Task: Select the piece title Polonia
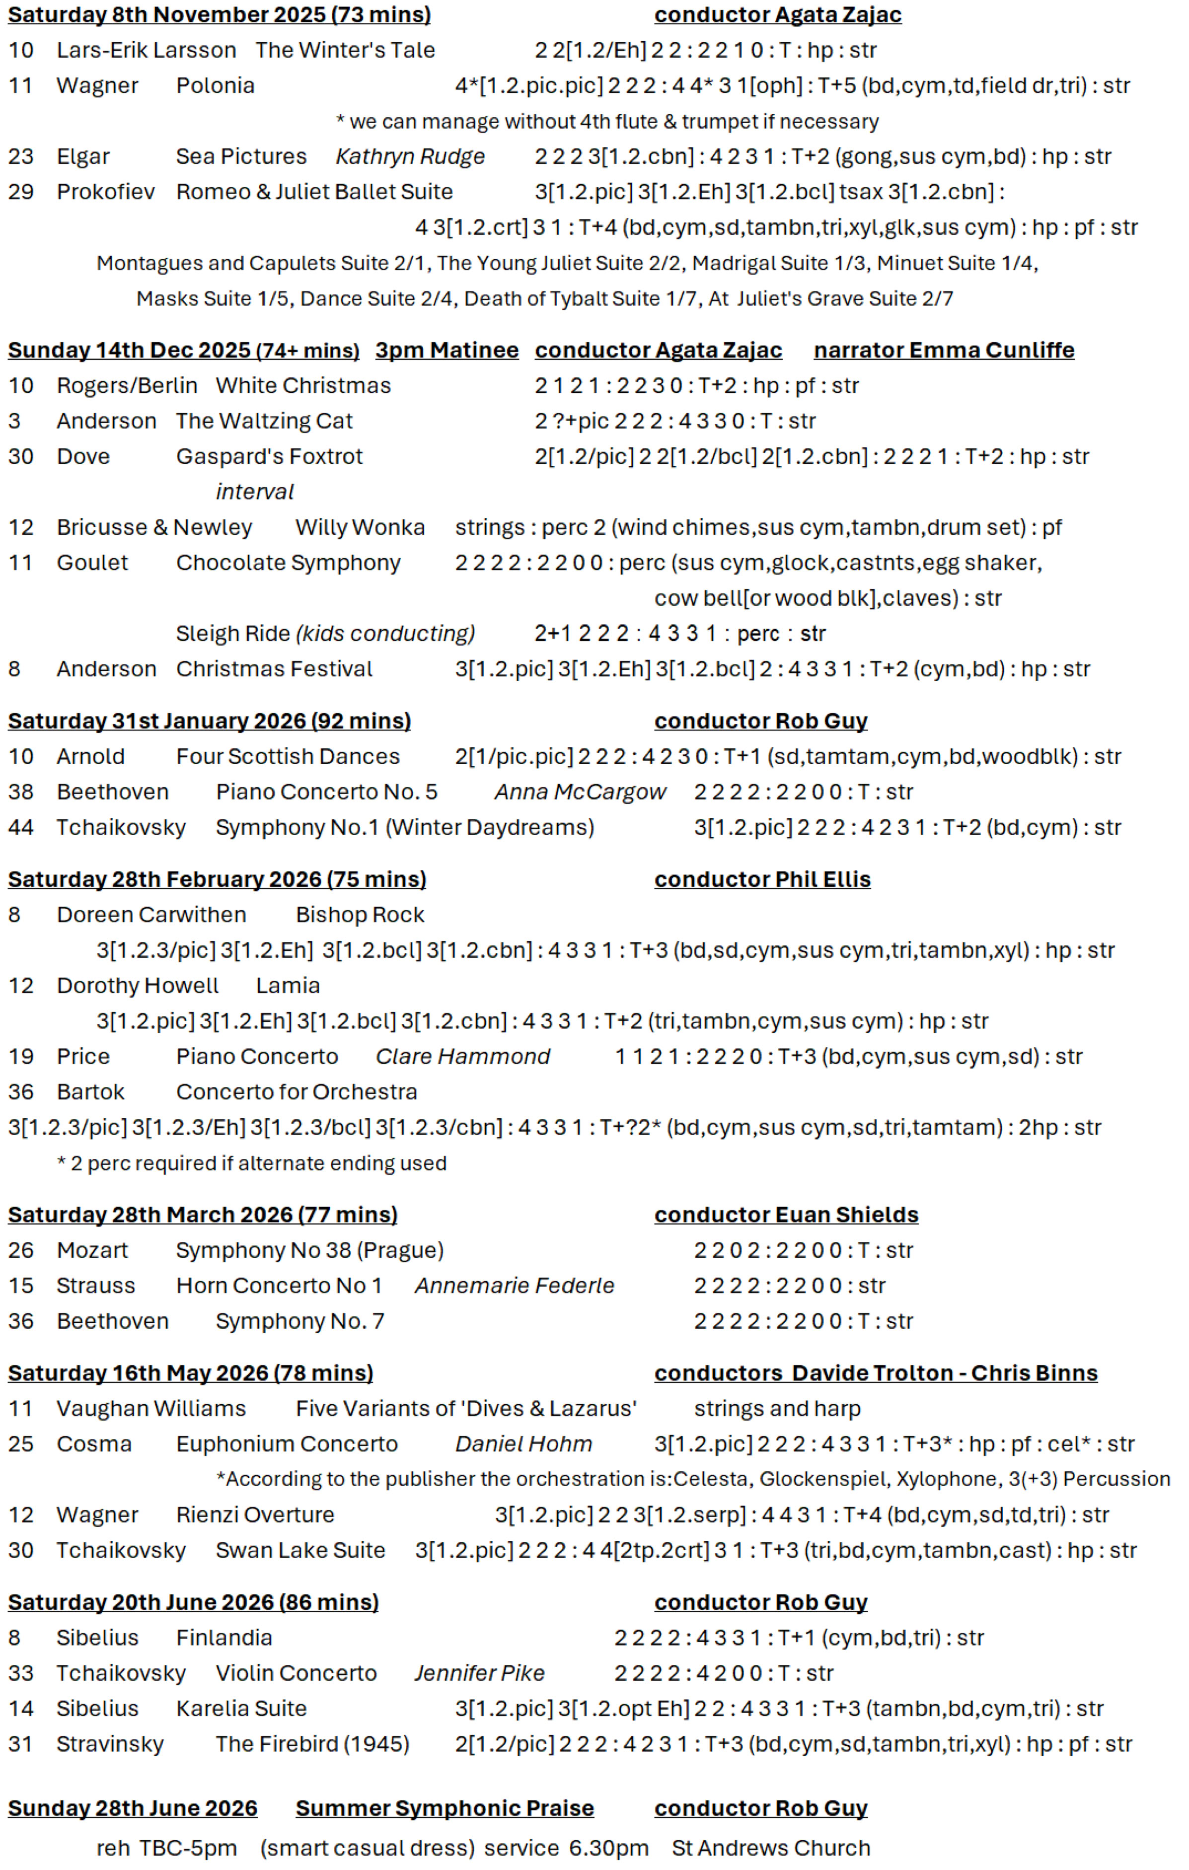point(215,85)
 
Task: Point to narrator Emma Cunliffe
point(944,350)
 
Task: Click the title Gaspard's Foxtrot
point(269,457)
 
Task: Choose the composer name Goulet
point(92,563)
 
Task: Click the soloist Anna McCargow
point(580,792)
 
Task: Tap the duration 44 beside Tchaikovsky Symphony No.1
point(21,828)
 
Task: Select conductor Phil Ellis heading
point(762,880)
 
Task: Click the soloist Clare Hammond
point(463,1057)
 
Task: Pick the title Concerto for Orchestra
point(297,1092)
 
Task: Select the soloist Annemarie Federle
point(514,1286)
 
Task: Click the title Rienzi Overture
point(255,1515)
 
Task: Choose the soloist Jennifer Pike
point(479,1673)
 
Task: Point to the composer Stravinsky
point(109,1744)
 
